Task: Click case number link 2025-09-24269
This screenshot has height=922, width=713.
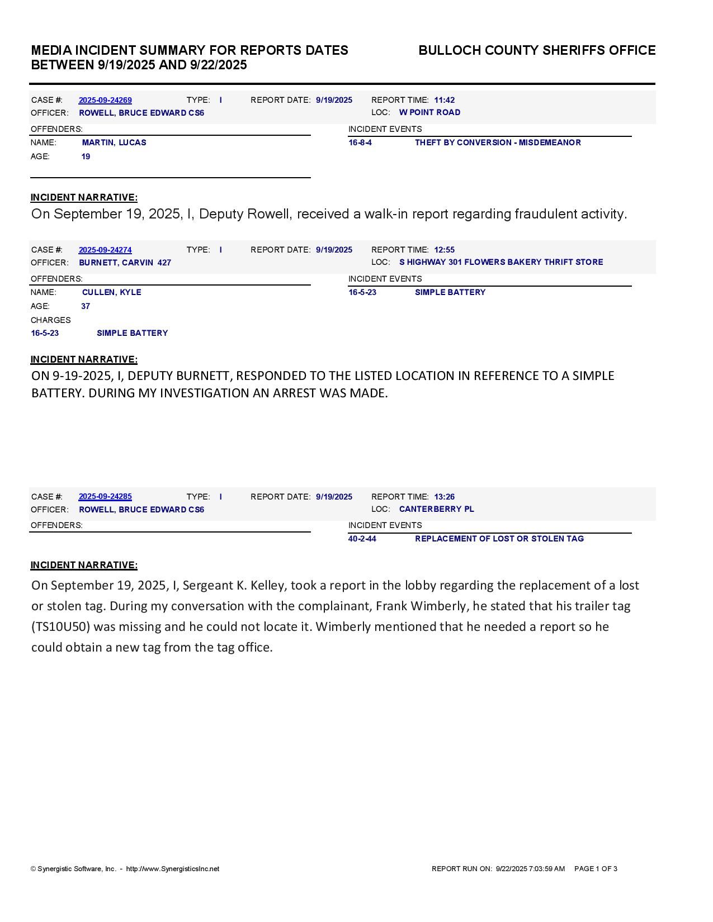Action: pyautogui.click(x=105, y=101)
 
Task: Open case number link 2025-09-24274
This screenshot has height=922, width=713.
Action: pyautogui.click(x=105, y=250)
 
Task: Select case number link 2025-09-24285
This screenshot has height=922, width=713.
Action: pyautogui.click(x=105, y=497)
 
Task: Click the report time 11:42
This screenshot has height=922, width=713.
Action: pyautogui.click(x=444, y=101)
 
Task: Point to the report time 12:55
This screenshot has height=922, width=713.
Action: pyautogui.click(x=444, y=250)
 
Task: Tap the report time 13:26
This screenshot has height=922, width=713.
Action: pyautogui.click(x=444, y=497)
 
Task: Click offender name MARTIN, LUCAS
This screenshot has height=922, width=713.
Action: pyautogui.click(x=114, y=143)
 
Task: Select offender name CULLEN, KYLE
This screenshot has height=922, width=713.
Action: pyautogui.click(x=111, y=293)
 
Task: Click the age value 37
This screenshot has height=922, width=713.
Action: pyautogui.click(x=86, y=307)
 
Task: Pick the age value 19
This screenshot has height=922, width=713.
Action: pyautogui.click(x=86, y=157)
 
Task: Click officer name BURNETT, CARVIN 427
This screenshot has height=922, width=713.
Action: pyautogui.click(x=125, y=263)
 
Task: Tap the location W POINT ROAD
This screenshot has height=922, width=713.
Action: pyautogui.click(x=429, y=113)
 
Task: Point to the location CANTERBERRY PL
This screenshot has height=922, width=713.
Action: pyautogui.click(x=436, y=510)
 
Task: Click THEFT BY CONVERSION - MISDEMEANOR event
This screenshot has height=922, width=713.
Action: pyautogui.click(x=498, y=143)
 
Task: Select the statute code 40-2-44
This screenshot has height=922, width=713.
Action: pyautogui.click(x=362, y=539)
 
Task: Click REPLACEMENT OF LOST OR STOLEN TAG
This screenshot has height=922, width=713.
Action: pyautogui.click(x=499, y=539)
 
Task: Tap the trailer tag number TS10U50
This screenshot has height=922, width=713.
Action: pyautogui.click(x=60, y=627)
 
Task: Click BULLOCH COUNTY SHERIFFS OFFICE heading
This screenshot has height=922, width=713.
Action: pyautogui.click(x=537, y=51)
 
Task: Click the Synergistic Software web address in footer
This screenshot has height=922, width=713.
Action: pyautogui.click(x=173, y=869)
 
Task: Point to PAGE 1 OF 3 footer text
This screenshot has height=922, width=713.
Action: pyautogui.click(x=596, y=869)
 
